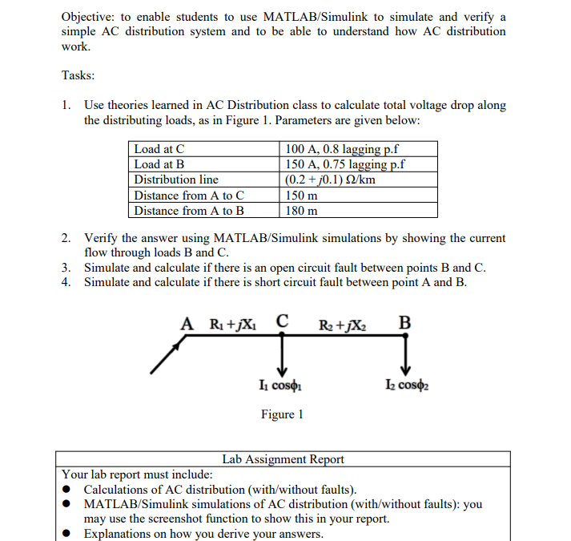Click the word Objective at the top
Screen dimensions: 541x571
(89, 17)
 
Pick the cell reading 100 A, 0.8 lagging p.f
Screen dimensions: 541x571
(343, 149)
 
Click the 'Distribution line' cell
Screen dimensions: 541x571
(176, 180)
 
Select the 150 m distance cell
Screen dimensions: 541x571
(302, 196)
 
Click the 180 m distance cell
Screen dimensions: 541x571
(302, 211)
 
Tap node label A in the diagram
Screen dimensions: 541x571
(187, 324)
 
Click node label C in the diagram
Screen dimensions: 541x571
(282, 323)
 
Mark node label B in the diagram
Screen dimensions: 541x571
(404, 324)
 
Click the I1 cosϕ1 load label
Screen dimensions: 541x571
(281, 388)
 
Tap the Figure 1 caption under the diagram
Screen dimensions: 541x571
(281, 414)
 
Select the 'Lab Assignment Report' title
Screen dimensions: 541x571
(283, 459)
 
